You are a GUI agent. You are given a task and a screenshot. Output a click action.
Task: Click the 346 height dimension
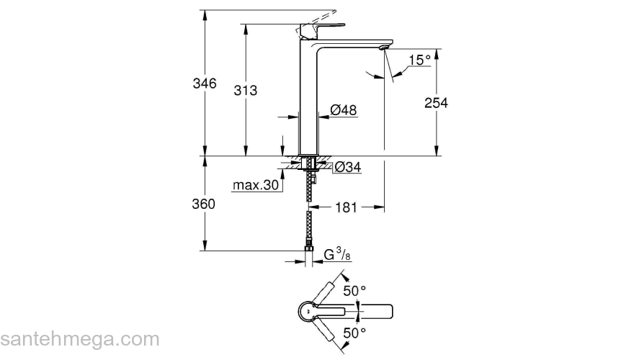(205, 84)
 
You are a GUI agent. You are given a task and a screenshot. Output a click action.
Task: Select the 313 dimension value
(246, 90)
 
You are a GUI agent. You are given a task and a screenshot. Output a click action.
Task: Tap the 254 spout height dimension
(436, 103)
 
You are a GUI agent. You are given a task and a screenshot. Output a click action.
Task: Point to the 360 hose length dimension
(205, 204)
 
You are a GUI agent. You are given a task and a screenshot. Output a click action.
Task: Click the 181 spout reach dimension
(346, 208)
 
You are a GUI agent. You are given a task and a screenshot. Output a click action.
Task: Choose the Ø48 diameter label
(344, 110)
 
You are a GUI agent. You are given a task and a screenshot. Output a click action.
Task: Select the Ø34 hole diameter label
(347, 168)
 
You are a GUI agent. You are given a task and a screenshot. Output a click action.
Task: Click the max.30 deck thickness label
(255, 186)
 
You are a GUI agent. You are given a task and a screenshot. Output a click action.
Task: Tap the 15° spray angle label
(419, 60)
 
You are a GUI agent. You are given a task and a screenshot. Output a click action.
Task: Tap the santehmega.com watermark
(79, 339)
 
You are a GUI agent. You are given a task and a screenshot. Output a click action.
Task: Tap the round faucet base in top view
(308, 310)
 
